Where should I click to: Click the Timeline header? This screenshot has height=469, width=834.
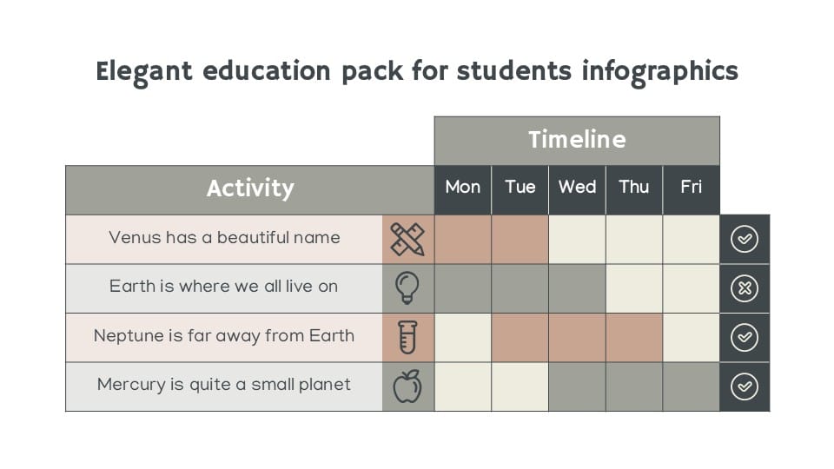pyautogui.click(x=577, y=140)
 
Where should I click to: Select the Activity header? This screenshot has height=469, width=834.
pyautogui.click(x=250, y=188)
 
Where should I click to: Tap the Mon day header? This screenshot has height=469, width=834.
pyautogui.click(x=462, y=187)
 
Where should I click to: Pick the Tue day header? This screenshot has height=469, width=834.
pyautogui.click(x=520, y=187)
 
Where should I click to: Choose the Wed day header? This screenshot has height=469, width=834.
pyautogui.click(x=577, y=187)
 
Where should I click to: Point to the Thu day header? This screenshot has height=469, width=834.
pyautogui.click(x=634, y=187)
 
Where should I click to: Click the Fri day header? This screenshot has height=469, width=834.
pyautogui.click(x=692, y=187)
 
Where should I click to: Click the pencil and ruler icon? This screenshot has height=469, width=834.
pyautogui.click(x=407, y=239)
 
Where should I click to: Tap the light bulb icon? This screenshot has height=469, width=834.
pyautogui.click(x=407, y=287)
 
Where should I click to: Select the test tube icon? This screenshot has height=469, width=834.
pyautogui.click(x=407, y=337)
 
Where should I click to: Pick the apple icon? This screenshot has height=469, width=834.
pyautogui.click(x=407, y=386)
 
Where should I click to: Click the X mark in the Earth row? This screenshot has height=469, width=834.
pyautogui.click(x=745, y=288)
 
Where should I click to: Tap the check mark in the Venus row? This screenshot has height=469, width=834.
pyautogui.click(x=745, y=239)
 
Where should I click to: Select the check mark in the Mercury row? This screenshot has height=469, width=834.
pyautogui.click(x=745, y=386)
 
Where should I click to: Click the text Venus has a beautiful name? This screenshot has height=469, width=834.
pyautogui.click(x=224, y=238)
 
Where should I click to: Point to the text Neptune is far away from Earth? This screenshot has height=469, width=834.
pyautogui.click(x=224, y=336)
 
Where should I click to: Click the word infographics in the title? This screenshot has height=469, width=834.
pyautogui.click(x=660, y=71)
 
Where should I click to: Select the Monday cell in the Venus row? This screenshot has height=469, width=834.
pyautogui.click(x=462, y=239)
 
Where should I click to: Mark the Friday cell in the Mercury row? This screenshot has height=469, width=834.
pyautogui.click(x=692, y=386)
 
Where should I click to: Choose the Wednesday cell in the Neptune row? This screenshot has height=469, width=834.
pyautogui.click(x=577, y=337)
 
